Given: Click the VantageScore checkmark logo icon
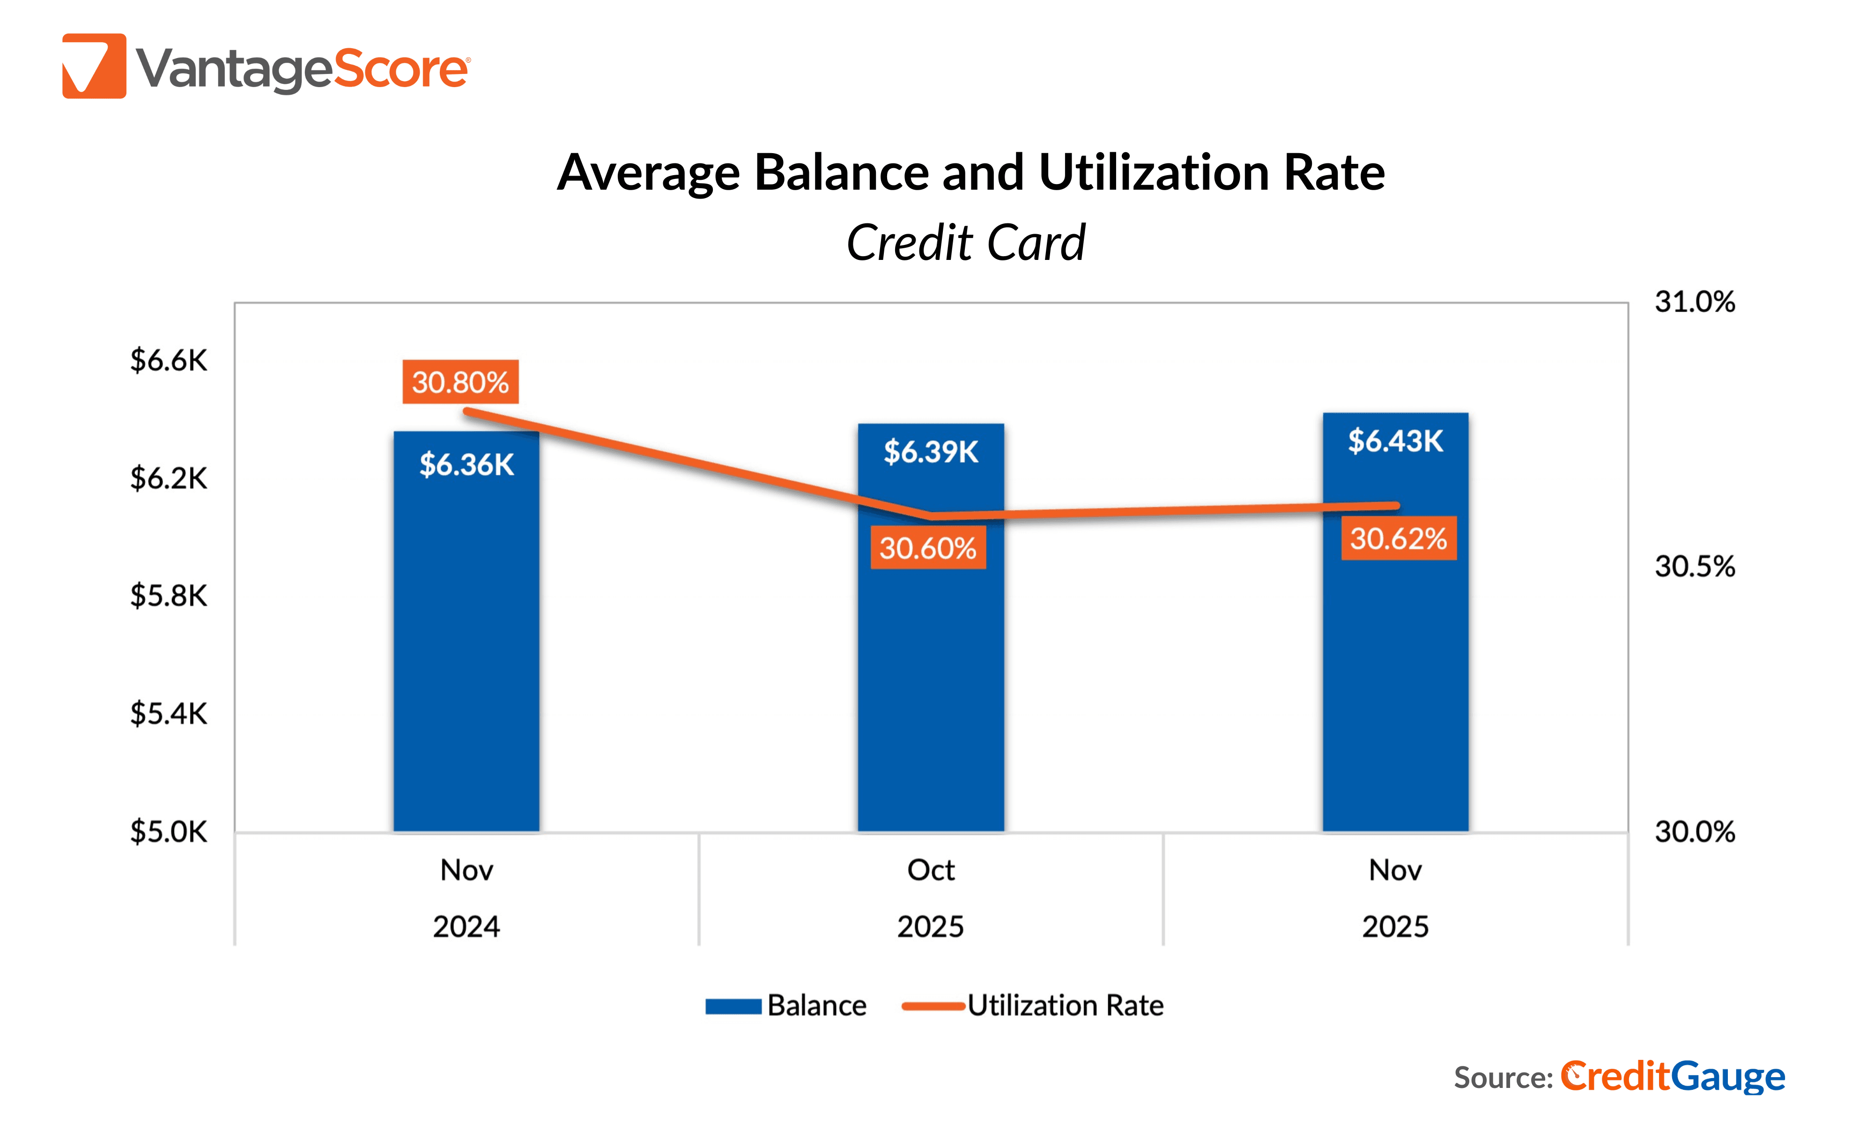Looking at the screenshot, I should (x=94, y=67).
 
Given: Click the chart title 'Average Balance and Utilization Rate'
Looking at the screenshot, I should (x=970, y=173).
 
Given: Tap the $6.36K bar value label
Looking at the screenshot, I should (x=466, y=465).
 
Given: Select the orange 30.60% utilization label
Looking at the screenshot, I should (x=928, y=548).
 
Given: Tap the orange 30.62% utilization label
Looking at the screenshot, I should (x=1398, y=539).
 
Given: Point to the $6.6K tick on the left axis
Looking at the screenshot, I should (x=168, y=361).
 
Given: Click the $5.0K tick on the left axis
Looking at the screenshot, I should (x=168, y=832).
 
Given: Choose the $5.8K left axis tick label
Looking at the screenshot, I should (x=168, y=596).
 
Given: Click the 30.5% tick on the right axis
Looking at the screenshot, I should (x=1695, y=567).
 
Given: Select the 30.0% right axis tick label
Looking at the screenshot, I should (x=1695, y=832).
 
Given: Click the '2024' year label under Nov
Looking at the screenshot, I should (x=466, y=926).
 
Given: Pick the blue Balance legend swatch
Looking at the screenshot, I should (x=733, y=1006).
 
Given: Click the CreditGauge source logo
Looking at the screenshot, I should (x=1672, y=1077).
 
